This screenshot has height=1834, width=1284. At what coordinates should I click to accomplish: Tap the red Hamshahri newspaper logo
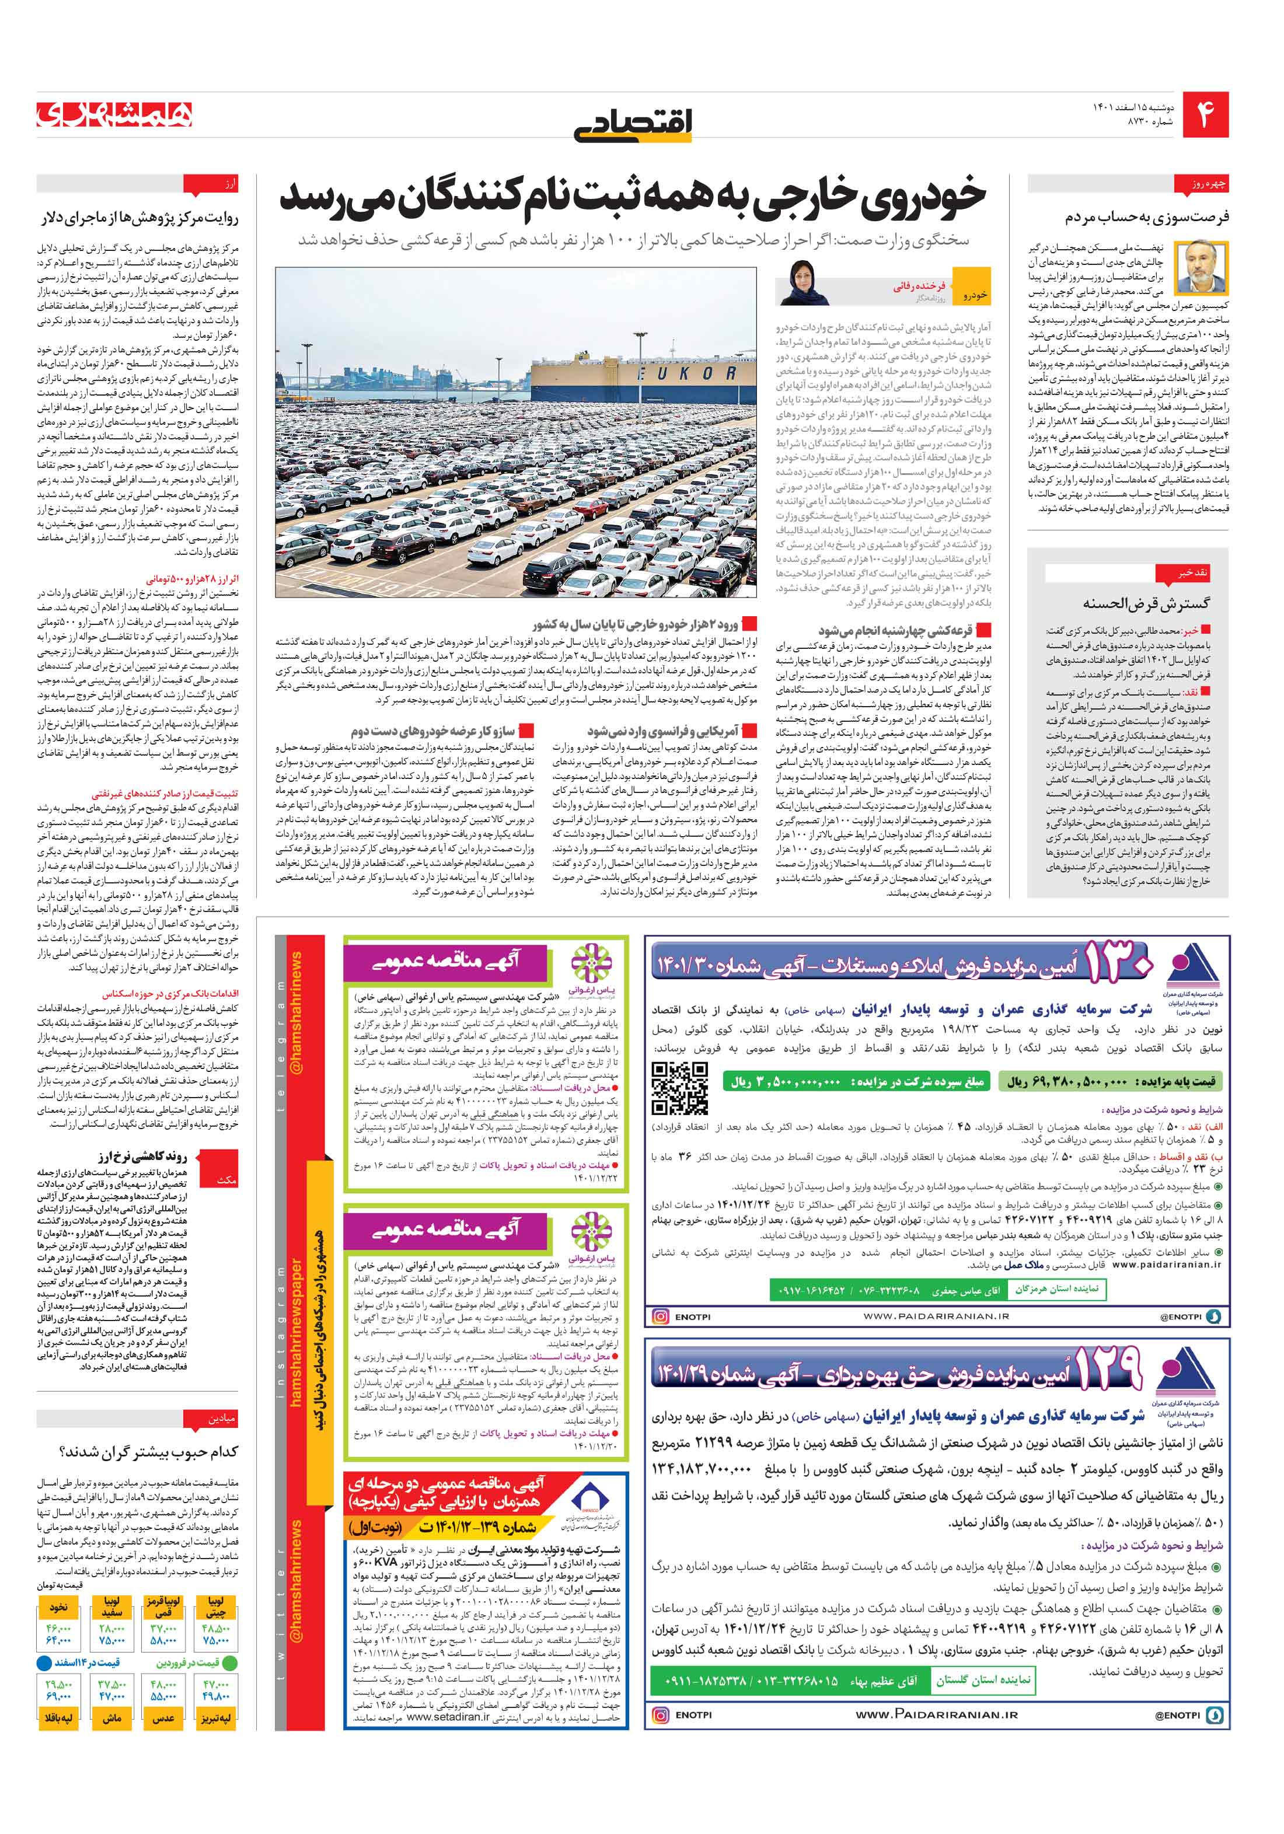click(x=114, y=115)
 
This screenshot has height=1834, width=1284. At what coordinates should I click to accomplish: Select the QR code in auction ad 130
click(x=679, y=1088)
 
